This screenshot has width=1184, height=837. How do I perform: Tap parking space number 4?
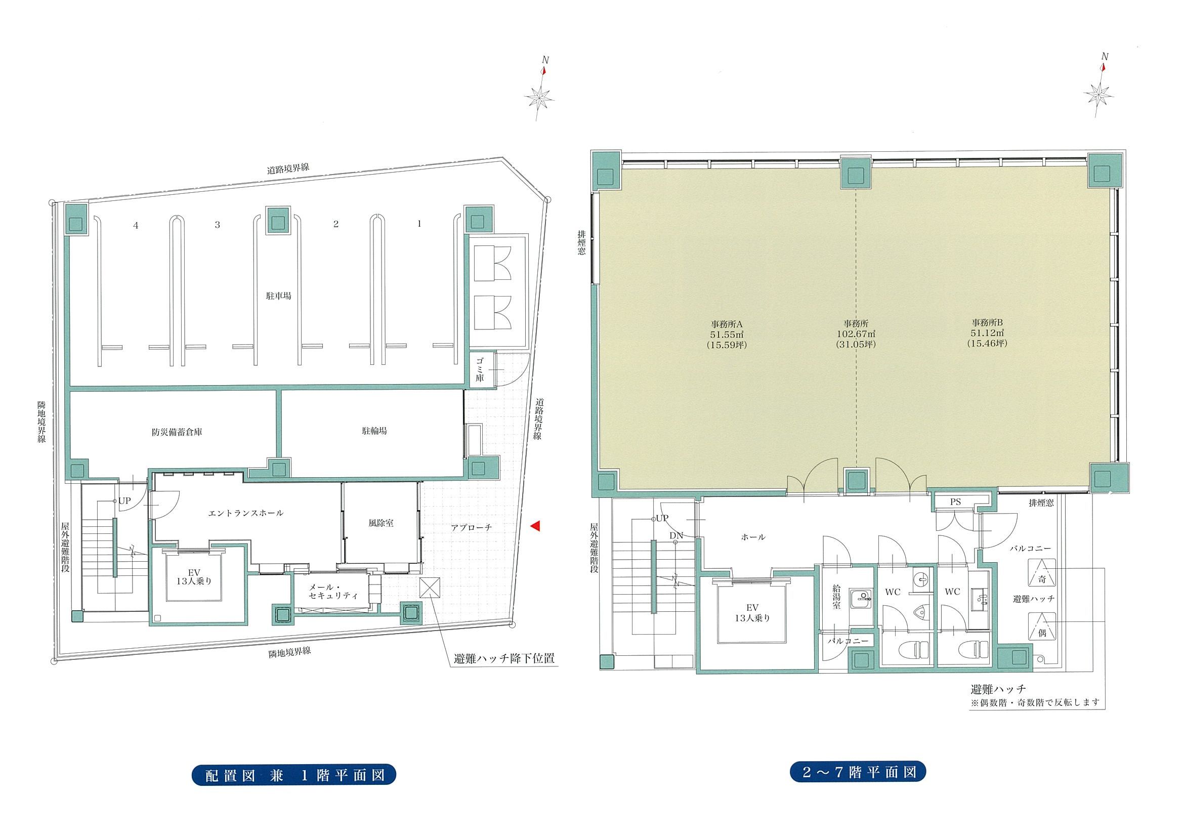click(136, 225)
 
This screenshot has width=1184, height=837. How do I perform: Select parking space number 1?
click(420, 224)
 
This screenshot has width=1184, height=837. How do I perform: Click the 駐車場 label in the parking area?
click(278, 296)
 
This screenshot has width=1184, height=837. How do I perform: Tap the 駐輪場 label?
click(374, 431)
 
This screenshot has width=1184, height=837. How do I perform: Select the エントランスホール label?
click(246, 513)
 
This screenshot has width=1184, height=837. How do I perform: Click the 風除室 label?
click(381, 523)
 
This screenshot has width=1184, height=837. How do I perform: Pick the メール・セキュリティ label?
click(333, 591)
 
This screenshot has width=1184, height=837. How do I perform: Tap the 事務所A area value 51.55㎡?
click(726, 334)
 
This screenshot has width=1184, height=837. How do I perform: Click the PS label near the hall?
click(956, 502)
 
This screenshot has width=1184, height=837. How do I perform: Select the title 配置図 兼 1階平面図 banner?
click(295, 789)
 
